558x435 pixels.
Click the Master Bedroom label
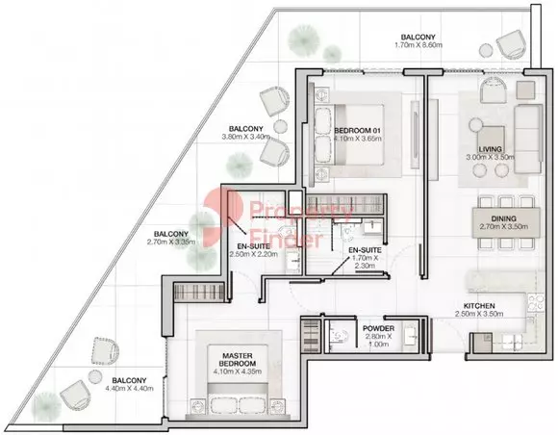point(238,360)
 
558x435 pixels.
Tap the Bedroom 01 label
point(357,131)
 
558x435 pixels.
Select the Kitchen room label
point(479,306)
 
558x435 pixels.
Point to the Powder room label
point(378,328)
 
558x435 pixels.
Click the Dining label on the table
point(503,218)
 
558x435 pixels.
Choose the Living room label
point(490,149)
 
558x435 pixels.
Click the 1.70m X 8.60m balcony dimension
point(418,45)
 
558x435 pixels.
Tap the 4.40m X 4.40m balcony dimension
point(130,389)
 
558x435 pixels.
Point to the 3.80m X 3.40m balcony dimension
point(246,137)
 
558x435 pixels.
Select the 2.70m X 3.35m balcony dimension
point(171,243)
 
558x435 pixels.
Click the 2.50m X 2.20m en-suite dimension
point(254,254)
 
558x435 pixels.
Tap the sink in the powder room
point(412,335)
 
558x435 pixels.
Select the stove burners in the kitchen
point(536,302)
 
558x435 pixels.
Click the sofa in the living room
point(528,139)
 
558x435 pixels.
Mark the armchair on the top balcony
point(512,43)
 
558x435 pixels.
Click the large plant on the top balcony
point(304,39)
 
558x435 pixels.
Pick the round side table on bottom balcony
point(95,376)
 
